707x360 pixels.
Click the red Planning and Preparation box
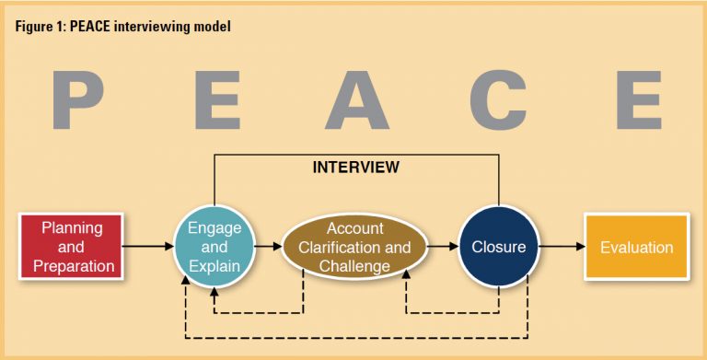72,247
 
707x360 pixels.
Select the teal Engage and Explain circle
214,247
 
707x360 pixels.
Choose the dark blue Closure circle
498,247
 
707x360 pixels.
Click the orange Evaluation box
636,247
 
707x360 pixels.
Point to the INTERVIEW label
356,168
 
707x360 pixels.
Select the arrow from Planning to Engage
148,247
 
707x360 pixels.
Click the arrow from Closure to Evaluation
561,247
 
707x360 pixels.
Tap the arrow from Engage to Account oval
267,247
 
